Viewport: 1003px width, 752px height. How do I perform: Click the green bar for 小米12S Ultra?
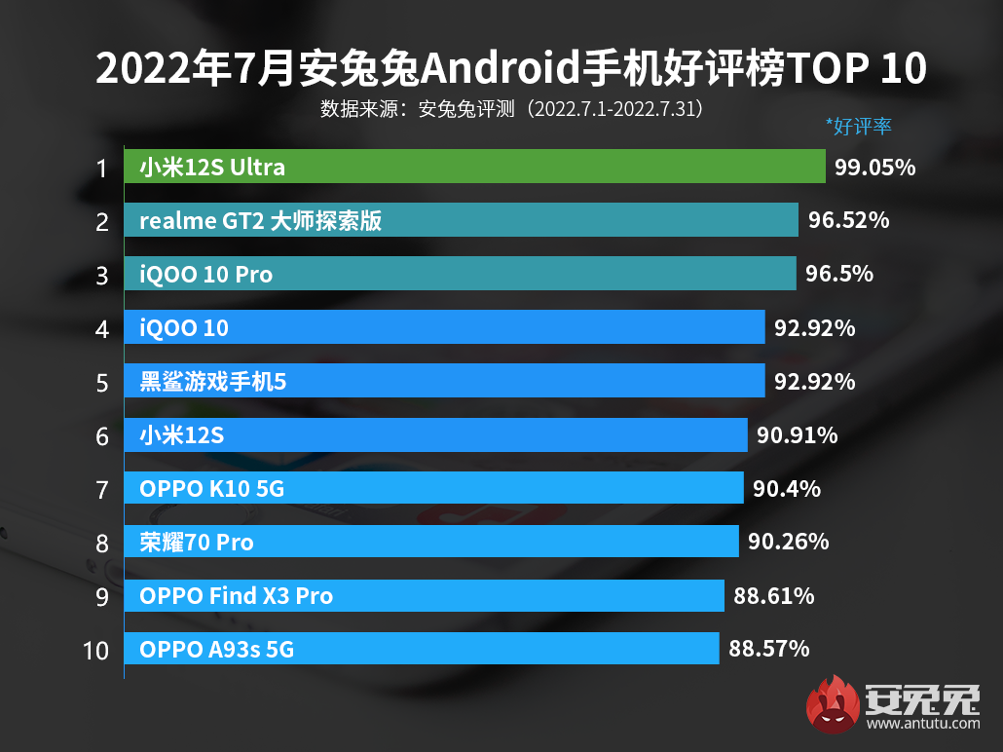[474, 168]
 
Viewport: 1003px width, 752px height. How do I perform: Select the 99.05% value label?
[874, 168]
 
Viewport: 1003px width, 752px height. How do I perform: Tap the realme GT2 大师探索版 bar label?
[260, 221]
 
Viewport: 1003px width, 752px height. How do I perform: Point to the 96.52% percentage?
[848, 221]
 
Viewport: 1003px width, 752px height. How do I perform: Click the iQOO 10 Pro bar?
[460, 275]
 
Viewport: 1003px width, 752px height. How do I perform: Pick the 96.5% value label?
[838, 275]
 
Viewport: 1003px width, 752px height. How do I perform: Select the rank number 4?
[102, 328]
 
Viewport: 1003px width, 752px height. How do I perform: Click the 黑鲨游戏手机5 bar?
[444, 381]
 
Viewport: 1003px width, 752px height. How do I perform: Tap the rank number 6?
[102, 435]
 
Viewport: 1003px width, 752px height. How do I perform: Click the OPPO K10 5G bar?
[433, 488]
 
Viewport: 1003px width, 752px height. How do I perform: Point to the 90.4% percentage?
[786, 488]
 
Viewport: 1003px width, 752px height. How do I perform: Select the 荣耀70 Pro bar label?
[196, 542]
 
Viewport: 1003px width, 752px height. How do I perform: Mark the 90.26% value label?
[788, 542]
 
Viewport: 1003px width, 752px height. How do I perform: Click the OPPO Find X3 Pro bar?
[425, 595]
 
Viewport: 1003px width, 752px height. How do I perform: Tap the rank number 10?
[96, 649]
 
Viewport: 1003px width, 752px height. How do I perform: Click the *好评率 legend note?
[858, 126]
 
